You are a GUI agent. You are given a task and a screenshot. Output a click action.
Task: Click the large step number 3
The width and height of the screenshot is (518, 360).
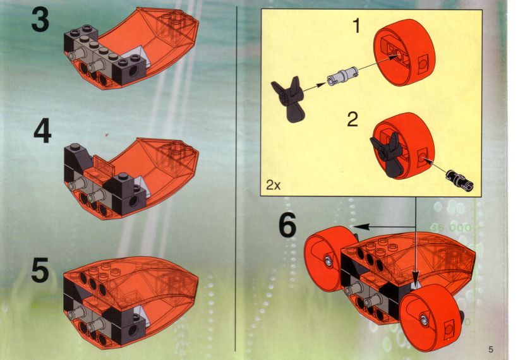pos(40,20)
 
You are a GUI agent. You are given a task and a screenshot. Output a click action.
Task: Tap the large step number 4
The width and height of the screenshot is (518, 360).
pos(42,132)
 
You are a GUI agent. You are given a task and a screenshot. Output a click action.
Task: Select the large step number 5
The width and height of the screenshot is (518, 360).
pos(40,270)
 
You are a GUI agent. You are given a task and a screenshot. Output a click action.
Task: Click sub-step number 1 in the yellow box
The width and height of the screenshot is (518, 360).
pos(356,25)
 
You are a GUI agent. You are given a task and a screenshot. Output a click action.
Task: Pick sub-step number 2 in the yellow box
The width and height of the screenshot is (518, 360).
pos(352,119)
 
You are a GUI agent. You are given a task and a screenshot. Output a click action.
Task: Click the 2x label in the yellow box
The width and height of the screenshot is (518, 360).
pos(273,185)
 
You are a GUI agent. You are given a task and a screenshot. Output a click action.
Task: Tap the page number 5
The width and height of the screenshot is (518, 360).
pos(491,349)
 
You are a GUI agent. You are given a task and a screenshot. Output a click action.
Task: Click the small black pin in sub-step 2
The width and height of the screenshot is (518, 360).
pos(459,179)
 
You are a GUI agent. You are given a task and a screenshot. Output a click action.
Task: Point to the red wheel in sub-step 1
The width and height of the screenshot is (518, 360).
pos(404,52)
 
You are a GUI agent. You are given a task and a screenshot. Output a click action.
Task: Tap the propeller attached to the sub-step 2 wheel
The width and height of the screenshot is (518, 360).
pos(386,153)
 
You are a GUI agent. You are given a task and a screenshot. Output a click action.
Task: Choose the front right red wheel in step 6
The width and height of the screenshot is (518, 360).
pos(431,317)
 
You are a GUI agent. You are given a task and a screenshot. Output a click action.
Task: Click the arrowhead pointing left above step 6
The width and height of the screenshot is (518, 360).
pos(360,226)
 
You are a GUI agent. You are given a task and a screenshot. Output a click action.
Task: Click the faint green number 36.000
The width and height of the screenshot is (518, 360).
pos(450,227)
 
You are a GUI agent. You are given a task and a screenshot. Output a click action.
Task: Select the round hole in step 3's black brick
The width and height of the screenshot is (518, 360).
pos(133,71)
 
